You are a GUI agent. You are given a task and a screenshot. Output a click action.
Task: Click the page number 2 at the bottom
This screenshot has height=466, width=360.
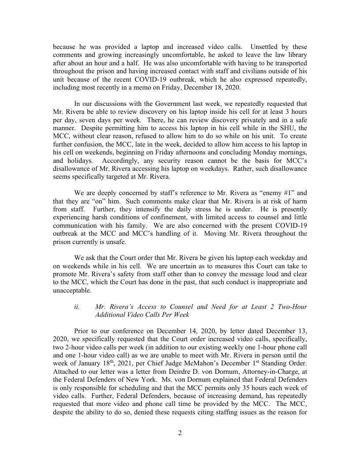click(x=180, y=433)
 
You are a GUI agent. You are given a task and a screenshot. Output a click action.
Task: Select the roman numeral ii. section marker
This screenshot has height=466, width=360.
click(x=77, y=307)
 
